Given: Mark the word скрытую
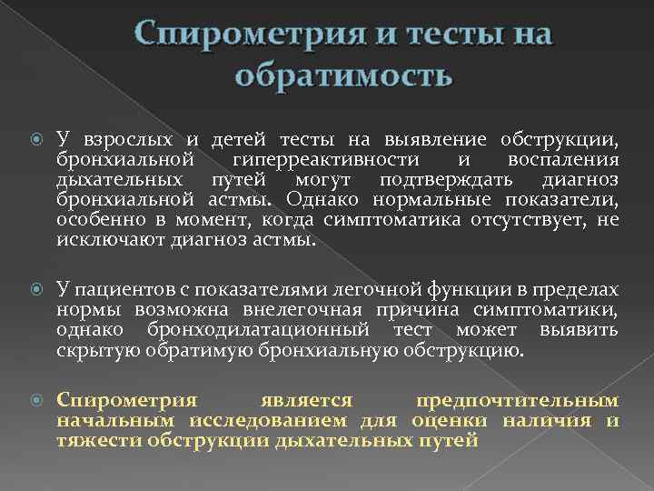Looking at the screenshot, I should (95, 350).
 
